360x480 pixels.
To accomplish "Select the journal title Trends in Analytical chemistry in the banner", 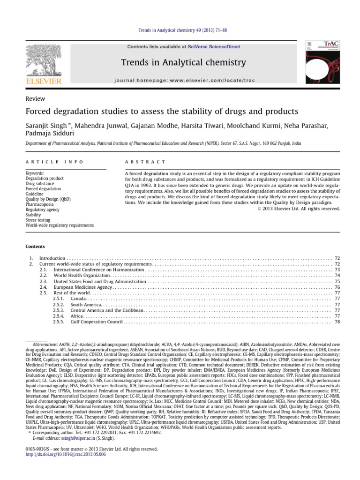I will tap(183, 62).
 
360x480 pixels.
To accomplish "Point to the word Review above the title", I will tap(35, 99).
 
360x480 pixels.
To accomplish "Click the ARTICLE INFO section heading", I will tap(54, 162).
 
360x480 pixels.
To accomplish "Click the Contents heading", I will tap(36, 247).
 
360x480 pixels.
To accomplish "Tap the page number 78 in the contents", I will tap(337, 322).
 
